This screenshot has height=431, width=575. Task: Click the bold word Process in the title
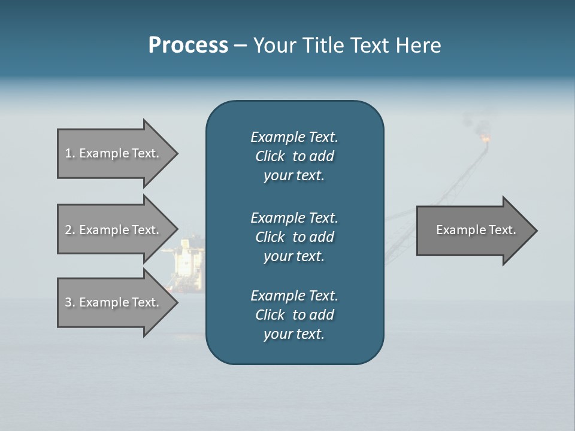pyautogui.click(x=188, y=45)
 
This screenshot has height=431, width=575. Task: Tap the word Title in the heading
pyautogui.click(x=320, y=45)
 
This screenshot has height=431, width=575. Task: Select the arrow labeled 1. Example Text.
pyautogui.click(x=114, y=153)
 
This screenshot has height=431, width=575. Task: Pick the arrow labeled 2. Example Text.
pyautogui.click(x=114, y=230)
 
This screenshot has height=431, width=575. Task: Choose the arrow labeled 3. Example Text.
pyautogui.click(x=114, y=302)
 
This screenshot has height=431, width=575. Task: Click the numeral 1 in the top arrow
pyautogui.click(x=68, y=153)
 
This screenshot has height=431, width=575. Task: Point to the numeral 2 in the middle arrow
pyautogui.click(x=68, y=230)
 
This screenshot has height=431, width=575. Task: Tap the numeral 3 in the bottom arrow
pyautogui.click(x=68, y=302)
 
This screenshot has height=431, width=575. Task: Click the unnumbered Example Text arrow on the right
pyautogui.click(x=473, y=230)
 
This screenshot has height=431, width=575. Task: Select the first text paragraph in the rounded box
pyautogui.click(x=294, y=156)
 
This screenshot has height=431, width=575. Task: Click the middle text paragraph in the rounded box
pyautogui.click(x=294, y=237)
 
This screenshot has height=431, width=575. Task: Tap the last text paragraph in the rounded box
pyautogui.click(x=294, y=315)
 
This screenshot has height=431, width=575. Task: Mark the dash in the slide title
pyautogui.click(x=240, y=45)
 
